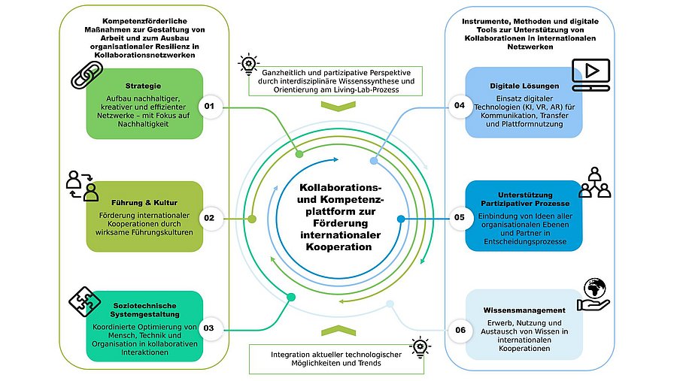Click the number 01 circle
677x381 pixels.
coord(209,107)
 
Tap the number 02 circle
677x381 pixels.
coord(209,219)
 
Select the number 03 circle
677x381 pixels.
coord(209,328)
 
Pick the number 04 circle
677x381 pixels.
coord(459,107)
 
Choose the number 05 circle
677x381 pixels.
coord(459,219)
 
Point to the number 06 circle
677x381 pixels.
coord(459,329)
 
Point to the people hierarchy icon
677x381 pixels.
coord(594,183)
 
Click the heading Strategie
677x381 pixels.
coord(144,86)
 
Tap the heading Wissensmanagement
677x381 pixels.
coord(524,310)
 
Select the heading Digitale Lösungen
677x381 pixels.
coord(524,86)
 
